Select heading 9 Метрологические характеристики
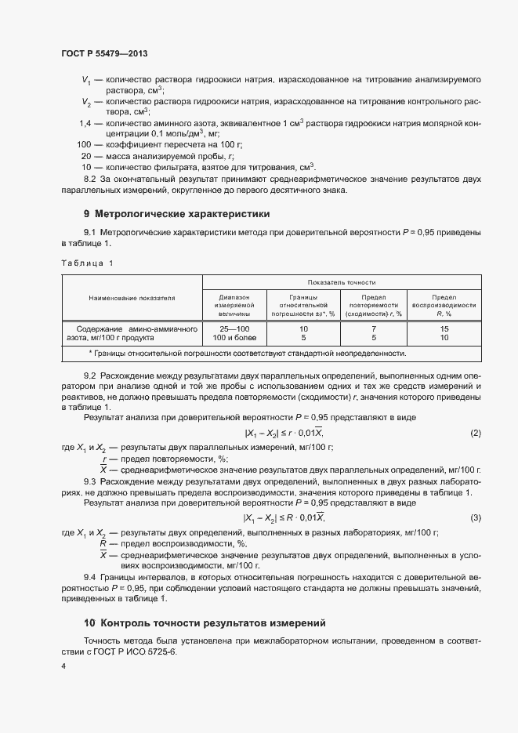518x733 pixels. coord(176,213)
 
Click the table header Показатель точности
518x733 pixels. coord(342,281)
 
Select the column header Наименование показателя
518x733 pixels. coord(132,298)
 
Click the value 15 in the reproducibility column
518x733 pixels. coord(444,328)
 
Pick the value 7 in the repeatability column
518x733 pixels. coord(374,328)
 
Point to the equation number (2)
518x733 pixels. coord(475,434)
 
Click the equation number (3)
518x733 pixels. coord(475,517)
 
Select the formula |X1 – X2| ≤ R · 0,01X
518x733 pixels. coord(284,517)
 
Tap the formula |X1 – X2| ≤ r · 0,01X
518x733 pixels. coord(284,434)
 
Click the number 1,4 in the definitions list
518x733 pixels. coord(85,124)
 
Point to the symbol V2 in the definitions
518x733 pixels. coord(86,102)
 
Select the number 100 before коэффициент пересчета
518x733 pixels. coord(84,145)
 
